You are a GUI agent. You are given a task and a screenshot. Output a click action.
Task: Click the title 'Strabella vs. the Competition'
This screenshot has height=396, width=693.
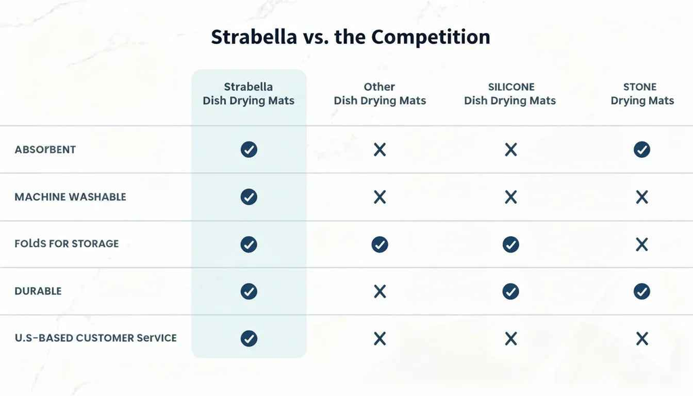pos(351,37)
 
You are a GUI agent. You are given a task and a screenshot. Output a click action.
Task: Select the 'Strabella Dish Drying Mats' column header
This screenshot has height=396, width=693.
pos(248,94)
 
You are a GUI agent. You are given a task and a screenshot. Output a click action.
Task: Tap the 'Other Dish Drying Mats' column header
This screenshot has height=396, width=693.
pos(380,94)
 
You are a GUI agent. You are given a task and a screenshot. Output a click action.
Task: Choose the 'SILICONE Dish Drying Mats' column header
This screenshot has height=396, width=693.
pos(510,94)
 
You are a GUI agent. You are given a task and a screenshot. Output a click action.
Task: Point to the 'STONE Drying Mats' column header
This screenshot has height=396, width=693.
pos(642,94)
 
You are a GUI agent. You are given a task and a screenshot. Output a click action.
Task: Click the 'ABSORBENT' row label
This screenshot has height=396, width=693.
pos(45,150)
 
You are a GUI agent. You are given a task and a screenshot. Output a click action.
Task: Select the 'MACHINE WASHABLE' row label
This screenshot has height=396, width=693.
pos(70,197)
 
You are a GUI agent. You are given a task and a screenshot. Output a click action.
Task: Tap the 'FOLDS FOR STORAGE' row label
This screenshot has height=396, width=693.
pos(66,244)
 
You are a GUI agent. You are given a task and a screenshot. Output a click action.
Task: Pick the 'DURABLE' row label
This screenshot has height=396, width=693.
pos(38,291)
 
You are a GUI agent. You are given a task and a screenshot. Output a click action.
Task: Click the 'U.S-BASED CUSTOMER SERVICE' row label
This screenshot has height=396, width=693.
pos(95,338)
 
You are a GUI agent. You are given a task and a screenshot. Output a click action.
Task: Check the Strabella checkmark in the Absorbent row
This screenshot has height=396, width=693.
pos(249,150)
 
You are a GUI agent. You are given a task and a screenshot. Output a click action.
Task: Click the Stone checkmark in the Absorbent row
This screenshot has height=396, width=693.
pos(642,150)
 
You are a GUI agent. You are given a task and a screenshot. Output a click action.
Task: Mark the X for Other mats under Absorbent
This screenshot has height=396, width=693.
pos(380,150)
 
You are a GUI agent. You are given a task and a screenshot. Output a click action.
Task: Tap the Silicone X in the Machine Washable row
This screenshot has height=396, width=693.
pos(511,197)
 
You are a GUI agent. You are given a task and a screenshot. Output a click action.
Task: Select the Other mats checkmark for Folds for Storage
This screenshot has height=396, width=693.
pos(380,244)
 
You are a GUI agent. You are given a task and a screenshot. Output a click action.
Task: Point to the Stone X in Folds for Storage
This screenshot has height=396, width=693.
pos(642,244)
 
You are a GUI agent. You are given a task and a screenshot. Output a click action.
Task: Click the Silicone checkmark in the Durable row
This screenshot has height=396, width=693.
pos(511,291)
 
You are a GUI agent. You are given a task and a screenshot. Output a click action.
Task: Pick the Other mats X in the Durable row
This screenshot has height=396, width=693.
pos(380,291)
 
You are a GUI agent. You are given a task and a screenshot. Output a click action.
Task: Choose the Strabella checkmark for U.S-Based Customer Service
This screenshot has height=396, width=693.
pos(249,338)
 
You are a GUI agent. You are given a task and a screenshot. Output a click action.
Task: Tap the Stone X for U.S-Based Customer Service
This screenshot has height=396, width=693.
pos(642,338)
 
